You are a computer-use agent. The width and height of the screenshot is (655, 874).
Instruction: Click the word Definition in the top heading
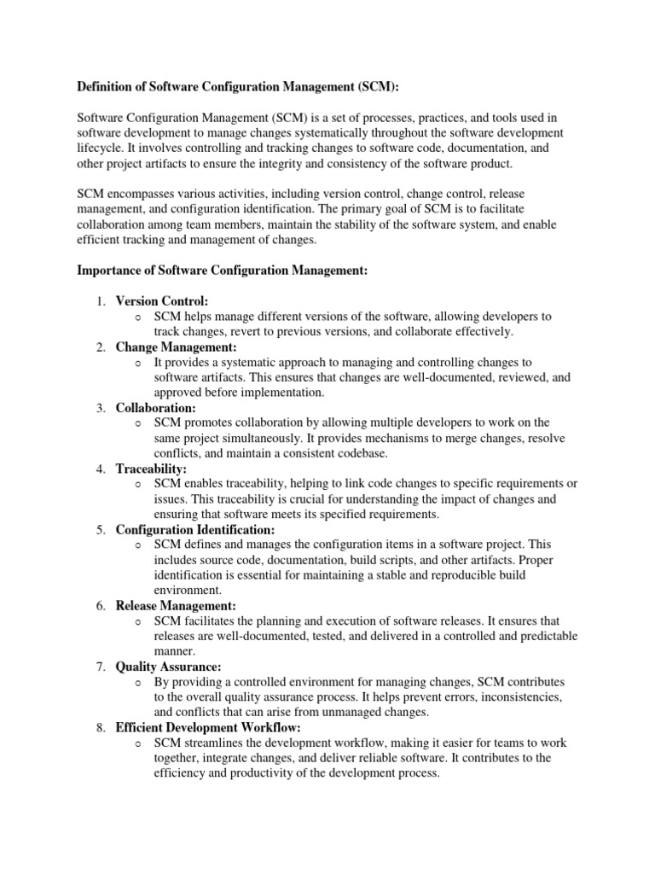pos(109,86)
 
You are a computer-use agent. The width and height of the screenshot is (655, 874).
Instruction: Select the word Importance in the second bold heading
pos(113,271)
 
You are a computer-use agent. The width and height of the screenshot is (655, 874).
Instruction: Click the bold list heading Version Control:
pos(162,301)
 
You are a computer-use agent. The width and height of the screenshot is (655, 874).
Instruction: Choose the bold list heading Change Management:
pos(177,347)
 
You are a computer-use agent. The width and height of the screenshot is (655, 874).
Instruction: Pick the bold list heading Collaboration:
pos(155,408)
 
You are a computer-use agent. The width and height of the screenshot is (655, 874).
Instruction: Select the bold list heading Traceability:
pos(151,469)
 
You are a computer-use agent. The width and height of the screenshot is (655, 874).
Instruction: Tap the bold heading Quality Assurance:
pos(168,666)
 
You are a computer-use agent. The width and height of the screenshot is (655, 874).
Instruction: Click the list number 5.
pos(100,530)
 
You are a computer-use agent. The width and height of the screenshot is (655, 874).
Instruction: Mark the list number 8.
pos(100,727)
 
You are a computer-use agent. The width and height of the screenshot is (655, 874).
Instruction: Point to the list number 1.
pos(100,301)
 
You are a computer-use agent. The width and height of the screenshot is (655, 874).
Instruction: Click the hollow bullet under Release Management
pos(138,621)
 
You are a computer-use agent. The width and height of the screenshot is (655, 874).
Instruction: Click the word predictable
pos(545,636)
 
